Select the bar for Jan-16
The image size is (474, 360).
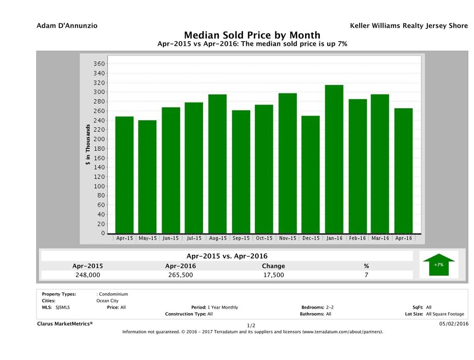(x=334, y=159)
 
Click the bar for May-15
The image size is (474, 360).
(x=147, y=177)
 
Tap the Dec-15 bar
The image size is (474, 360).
(x=311, y=174)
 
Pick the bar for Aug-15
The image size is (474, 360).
(x=217, y=164)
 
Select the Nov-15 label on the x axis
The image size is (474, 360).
(x=287, y=238)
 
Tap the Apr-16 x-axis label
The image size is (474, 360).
(x=403, y=238)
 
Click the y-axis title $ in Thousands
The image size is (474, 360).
(x=88, y=146)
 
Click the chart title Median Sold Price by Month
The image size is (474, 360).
(x=252, y=35)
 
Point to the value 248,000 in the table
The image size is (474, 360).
(x=88, y=275)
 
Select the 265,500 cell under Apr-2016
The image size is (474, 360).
(x=181, y=275)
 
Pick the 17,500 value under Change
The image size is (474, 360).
(x=273, y=275)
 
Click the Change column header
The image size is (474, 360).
(x=273, y=266)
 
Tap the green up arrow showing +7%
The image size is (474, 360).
(x=438, y=265)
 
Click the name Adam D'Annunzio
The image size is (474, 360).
(x=67, y=26)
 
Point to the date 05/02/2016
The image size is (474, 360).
(x=454, y=323)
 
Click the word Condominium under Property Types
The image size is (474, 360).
(x=113, y=294)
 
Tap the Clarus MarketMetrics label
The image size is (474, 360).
(x=65, y=323)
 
